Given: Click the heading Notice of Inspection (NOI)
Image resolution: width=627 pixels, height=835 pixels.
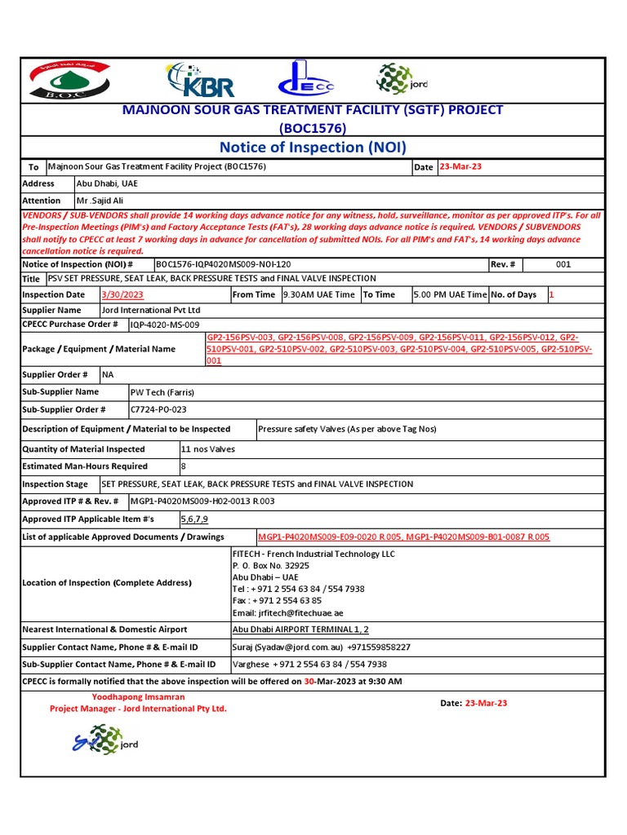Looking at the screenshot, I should [313, 147].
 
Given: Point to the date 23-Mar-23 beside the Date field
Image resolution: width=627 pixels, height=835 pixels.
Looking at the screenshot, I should [460, 167].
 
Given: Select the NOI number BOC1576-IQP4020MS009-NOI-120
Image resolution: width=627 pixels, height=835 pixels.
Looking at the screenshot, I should [222, 265].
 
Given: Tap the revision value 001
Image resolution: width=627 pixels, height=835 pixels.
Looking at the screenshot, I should [563, 265].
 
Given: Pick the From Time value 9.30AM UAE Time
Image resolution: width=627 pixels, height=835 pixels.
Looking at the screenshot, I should [319, 295].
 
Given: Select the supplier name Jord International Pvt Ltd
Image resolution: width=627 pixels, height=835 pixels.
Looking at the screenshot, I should [150, 311].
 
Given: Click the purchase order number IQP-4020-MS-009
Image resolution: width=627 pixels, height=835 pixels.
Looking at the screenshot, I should [165, 325].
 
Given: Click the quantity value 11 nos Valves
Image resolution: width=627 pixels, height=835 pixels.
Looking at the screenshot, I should [207, 449].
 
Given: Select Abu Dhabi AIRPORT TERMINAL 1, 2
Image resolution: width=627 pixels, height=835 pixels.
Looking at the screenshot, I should [300, 630].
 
